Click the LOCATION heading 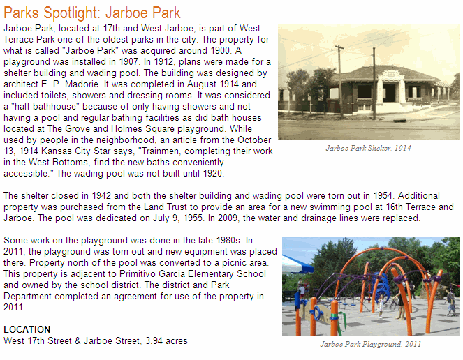coord(27,329)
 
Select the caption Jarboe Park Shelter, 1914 coord(368,148)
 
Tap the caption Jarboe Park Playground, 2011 coord(371,344)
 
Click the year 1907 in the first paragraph coord(128,61)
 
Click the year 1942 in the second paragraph coord(101,195)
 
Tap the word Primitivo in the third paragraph coord(138,273)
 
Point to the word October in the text coord(254,140)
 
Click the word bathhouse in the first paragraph coord(55,106)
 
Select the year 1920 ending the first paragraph coord(212,173)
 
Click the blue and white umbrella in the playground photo coord(297,264)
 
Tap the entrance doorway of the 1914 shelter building coord(389,93)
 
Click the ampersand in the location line coord(78,341)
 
